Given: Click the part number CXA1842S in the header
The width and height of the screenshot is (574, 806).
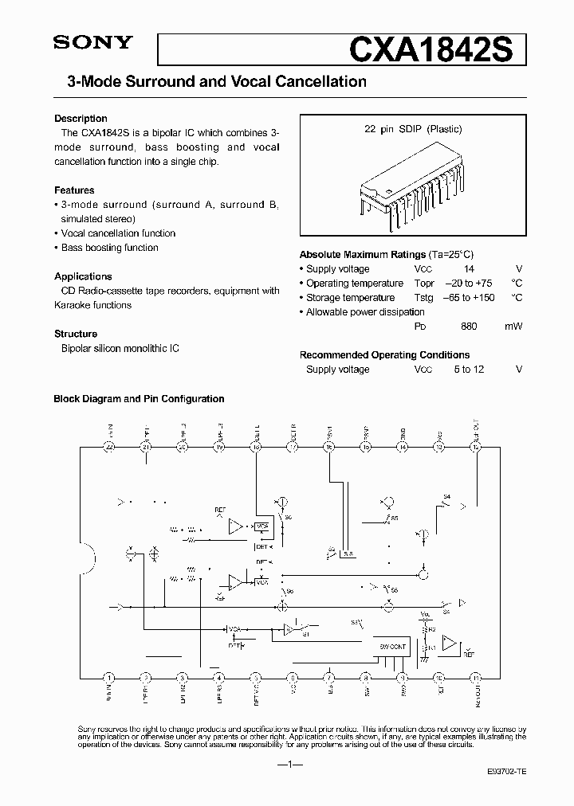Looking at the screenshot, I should (x=437, y=49).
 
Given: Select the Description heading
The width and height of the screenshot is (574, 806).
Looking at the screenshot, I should (x=81, y=119).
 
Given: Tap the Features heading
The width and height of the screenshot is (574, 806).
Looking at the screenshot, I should (x=74, y=190).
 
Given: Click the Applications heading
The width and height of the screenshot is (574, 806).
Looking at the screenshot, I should (x=83, y=276).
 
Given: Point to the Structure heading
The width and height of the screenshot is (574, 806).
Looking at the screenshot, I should (x=76, y=334).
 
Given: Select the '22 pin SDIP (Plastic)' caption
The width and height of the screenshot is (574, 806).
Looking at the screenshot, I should (x=413, y=129).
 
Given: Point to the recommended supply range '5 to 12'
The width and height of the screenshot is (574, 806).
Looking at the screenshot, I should (x=469, y=370).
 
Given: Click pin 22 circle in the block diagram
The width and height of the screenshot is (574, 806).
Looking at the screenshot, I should (x=110, y=448).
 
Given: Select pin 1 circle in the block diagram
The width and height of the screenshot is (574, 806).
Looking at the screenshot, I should (x=110, y=678).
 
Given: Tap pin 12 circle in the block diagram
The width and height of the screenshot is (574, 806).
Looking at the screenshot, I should (x=476, y=448).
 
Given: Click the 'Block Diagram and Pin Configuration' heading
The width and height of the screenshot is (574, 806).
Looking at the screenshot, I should (x=139, y=399).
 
